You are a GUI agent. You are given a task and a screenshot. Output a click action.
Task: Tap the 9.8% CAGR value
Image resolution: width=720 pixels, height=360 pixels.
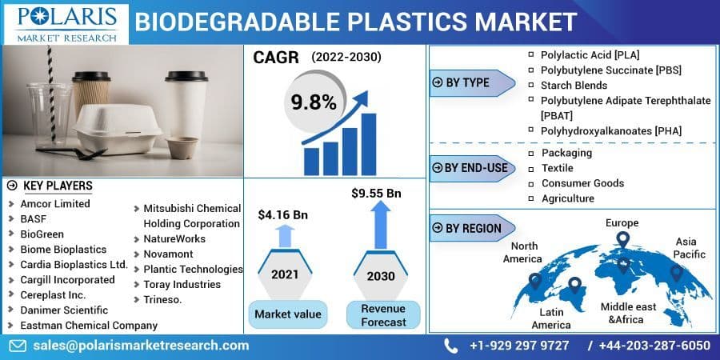(313, 102)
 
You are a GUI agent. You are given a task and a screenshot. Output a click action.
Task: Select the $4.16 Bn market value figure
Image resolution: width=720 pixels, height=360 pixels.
(282, 214)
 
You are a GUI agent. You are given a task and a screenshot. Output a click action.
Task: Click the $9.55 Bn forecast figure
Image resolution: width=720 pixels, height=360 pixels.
(376, 193)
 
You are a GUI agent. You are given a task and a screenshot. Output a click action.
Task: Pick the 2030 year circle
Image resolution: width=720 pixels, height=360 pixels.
(380, 275)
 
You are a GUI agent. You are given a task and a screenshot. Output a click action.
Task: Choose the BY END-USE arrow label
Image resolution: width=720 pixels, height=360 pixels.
(471, 167)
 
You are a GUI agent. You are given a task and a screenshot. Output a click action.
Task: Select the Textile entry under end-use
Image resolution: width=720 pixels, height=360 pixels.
(558, 168)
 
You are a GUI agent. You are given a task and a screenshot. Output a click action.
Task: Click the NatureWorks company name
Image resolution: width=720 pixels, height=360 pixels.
(174, 238)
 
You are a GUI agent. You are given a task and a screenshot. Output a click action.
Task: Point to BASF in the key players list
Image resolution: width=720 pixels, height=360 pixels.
(34, 219)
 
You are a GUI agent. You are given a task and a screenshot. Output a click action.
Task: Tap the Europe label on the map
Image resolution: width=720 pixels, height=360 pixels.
(622, 222)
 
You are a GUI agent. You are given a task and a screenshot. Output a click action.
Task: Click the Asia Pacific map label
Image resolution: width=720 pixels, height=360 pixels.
(690, 247)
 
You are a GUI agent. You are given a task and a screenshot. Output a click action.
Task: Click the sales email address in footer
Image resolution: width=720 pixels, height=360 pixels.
(141, 345)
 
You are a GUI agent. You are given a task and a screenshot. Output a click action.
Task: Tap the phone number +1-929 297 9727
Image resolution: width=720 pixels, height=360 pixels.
(519, 345)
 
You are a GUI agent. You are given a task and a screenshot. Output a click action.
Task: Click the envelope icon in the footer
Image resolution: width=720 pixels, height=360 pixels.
(18, 345)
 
